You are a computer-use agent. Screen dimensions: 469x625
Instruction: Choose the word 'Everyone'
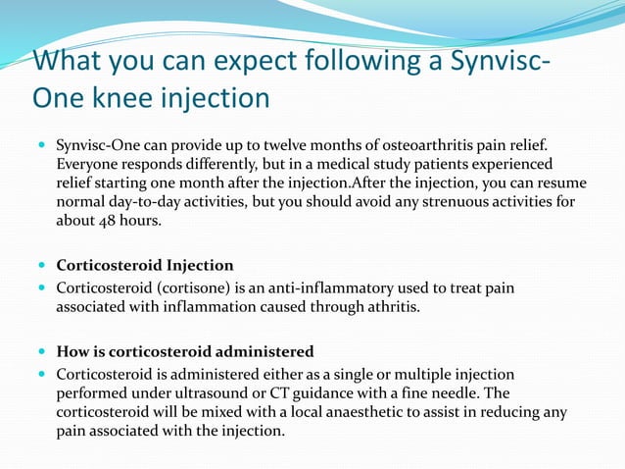click(89, 164)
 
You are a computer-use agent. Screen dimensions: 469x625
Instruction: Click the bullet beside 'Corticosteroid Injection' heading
click(43, 264)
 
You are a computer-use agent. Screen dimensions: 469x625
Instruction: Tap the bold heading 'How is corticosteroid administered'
click(185, 351)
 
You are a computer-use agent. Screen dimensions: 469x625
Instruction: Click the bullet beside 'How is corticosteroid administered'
click(43, 351)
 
